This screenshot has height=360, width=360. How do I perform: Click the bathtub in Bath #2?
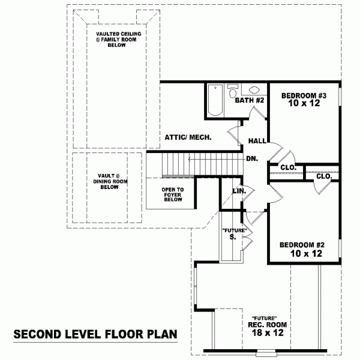[215, 100]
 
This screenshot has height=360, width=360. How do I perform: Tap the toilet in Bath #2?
[233, 91]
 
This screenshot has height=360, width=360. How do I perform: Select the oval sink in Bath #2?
[254, 89]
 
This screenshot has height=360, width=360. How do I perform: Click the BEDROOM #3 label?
[304, 95]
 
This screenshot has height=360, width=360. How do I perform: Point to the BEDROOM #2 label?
[302, 245]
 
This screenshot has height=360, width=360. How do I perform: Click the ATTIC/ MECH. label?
[188, 137]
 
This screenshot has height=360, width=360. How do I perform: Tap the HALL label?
[257, 141]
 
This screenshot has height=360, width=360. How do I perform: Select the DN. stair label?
[252, 158]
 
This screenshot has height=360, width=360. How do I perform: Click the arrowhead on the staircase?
[190, 159]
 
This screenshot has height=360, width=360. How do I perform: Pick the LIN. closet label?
[239, 191]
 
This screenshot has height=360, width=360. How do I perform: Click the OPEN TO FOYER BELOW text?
[173, 194]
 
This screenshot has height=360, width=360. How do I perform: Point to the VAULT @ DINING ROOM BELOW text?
[110, 181]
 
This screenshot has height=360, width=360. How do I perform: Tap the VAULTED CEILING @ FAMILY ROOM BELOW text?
[118, 39]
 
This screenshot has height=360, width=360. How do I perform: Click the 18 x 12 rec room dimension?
[268, 332]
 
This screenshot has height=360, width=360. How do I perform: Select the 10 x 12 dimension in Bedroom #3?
[304, 103]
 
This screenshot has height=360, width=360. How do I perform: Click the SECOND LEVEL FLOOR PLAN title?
[95, 334]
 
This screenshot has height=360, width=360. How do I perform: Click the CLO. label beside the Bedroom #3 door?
[289, 167]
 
